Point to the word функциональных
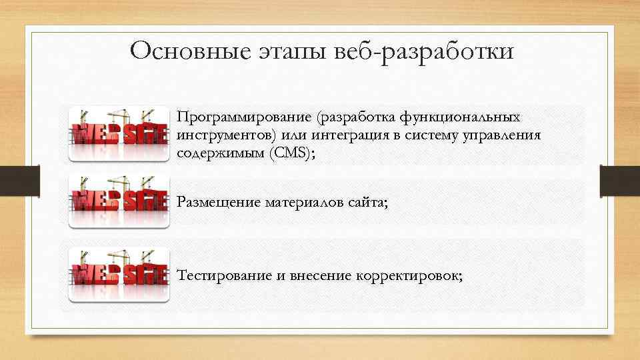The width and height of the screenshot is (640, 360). pyautogui.click(x=459, y=117)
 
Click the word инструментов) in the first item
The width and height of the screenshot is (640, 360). pyautogui.click(x=226, y=135)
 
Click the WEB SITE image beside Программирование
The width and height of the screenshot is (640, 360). pyautogui.click(x=119, y=134)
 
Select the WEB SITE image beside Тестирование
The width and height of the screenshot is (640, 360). pyautogui.click(x=119, y=274)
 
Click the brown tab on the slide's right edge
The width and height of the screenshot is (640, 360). pyautogui.click(x=619, y=180)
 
